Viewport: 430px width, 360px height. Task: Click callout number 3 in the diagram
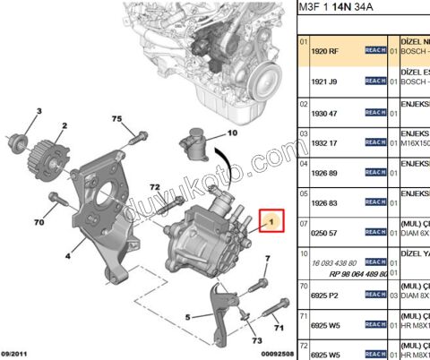click(x=39, y=110)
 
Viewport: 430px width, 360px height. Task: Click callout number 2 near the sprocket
click(x=64, y=126)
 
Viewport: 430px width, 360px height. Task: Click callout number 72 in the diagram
click(x=154, y=187)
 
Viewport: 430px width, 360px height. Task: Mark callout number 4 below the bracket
click(x=67, y=255)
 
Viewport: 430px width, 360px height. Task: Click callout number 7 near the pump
click(x=267, y=259)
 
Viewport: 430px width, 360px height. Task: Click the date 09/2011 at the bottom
click(x=18, y=353)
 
